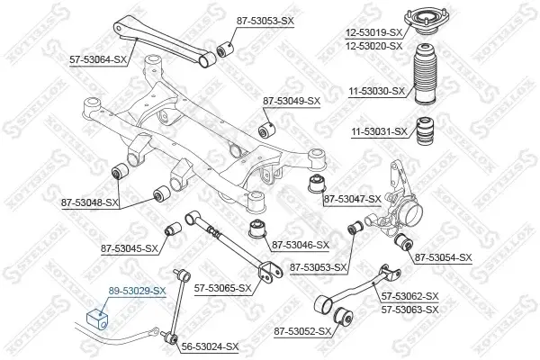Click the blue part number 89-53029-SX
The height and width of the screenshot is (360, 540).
point(137,291)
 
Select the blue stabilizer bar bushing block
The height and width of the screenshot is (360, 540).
point(97,319)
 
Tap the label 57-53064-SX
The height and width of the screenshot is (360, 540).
point(98,60)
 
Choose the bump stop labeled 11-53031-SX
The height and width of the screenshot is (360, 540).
point(425,131)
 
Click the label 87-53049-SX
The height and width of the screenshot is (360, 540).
point(292,101)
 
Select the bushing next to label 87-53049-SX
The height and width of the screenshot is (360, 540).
point(267,128)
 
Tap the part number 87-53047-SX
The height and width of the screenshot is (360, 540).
point(353,199)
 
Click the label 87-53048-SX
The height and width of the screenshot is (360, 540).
point(90,202)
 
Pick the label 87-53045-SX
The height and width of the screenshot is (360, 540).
point(130,248)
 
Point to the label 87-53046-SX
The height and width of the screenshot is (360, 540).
point(301,245)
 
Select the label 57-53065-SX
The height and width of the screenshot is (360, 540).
point(223,288)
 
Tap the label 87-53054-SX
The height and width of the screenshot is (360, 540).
point(443,257)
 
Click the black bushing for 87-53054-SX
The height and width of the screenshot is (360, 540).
point(403,242)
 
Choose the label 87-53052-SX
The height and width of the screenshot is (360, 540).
point(302,331)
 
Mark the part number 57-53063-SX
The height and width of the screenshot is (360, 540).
point(410,310)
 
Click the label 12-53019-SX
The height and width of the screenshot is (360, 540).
point(374,32)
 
